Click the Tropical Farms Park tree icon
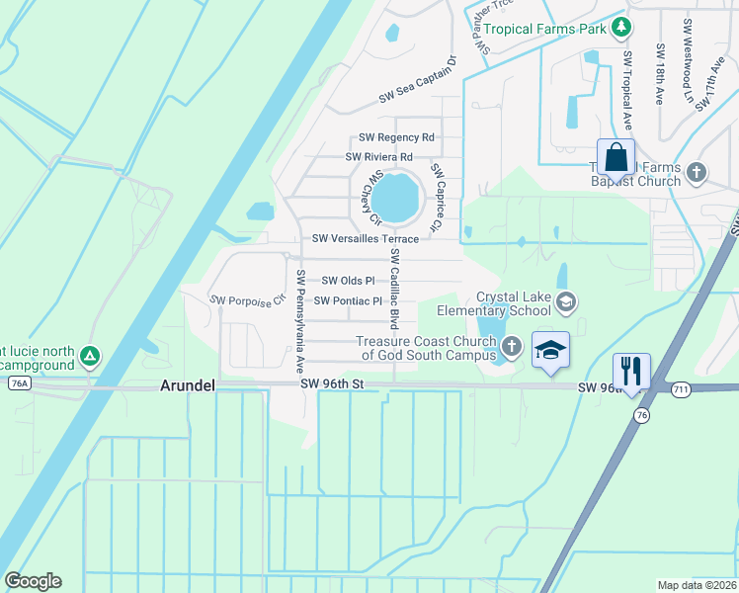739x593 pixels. [x=621, y=28]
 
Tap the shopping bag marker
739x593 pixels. [x=616, y=158]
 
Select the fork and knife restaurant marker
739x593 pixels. [x=631, y=373]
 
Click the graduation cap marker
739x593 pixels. [x=551, y=350]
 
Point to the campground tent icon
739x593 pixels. [x=90, y=355]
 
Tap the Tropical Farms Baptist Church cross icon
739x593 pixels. [x=697, y=173]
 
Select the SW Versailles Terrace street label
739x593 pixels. [x=366, y=239]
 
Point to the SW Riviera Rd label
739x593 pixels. [x=379, y=157]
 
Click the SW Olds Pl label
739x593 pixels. [x=348, y=281]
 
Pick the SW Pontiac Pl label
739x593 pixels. [x=348, y=300]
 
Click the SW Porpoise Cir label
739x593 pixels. [x=246, y=298]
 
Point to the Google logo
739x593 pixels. [x=33, y=581]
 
